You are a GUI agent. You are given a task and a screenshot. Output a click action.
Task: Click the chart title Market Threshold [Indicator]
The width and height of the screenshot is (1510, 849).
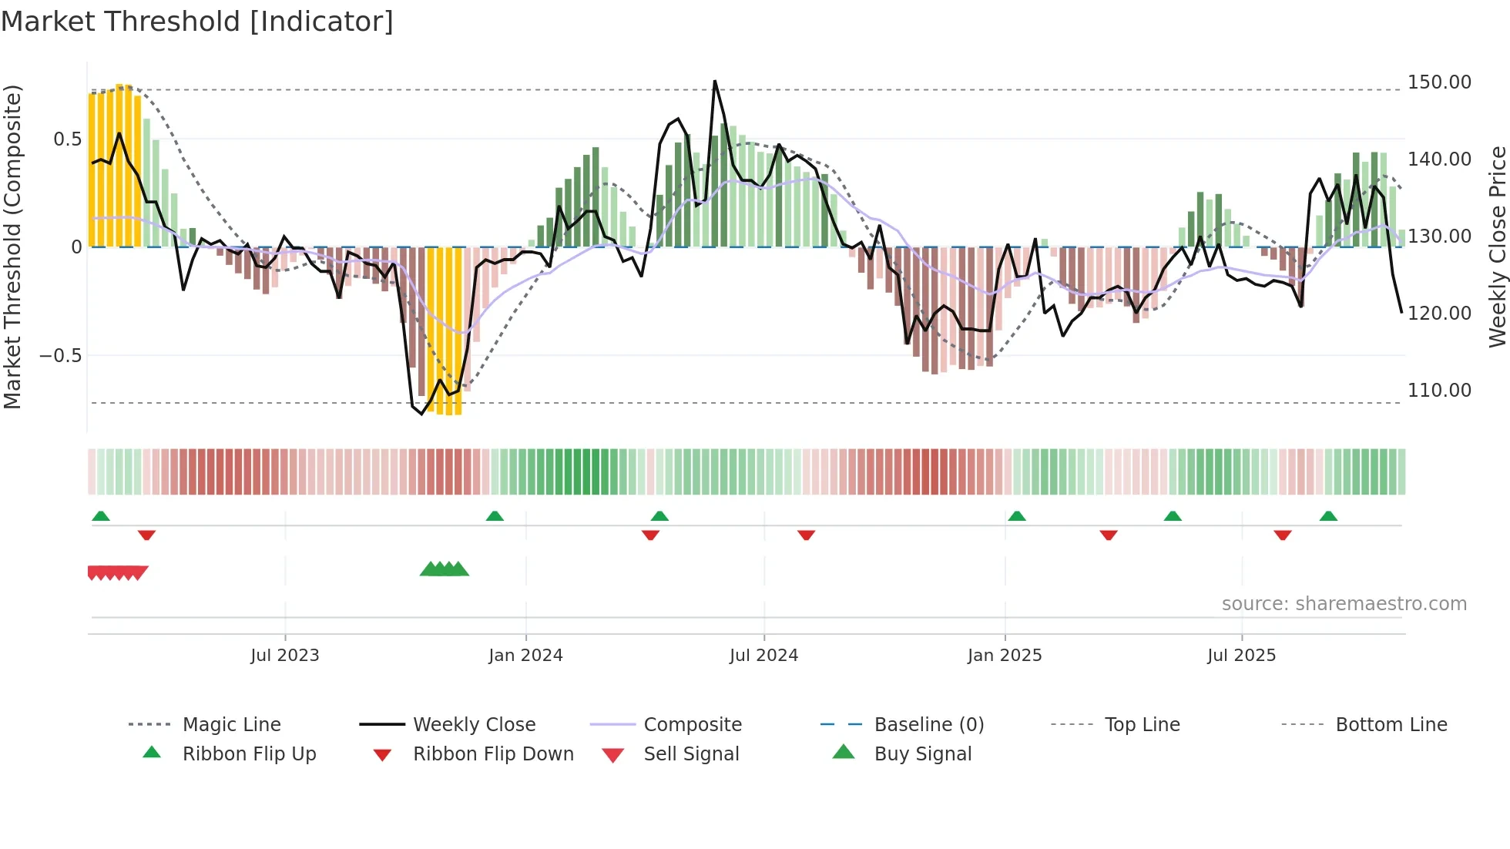tap(197, 22)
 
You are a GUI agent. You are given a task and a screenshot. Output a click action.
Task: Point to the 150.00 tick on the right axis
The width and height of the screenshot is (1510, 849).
tap(1438, 82)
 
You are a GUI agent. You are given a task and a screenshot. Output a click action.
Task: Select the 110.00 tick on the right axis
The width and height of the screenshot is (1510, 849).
tap(1438, 391)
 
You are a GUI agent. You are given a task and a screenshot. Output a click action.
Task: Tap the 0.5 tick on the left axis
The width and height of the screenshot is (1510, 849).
tap(67, 139)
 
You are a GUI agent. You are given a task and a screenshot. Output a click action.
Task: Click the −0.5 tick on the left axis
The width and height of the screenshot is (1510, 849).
tap(60, 356)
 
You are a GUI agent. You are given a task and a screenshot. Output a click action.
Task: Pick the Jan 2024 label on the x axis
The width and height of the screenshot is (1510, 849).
tap(525, 656)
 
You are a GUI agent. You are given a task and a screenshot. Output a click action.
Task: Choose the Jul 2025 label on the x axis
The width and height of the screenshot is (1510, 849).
tap(1241, 656)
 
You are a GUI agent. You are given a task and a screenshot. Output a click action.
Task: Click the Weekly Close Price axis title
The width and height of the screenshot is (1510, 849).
tap(1497, 247)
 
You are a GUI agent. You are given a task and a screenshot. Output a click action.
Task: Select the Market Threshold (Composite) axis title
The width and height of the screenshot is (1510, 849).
tap(12, 247)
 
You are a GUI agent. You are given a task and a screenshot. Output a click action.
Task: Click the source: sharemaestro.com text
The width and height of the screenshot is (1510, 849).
tap(1344, 604)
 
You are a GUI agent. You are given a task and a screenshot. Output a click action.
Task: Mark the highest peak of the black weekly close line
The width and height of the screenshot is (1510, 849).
tap(714, 81)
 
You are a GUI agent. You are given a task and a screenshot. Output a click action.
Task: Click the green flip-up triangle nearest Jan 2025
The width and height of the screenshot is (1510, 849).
tap(1016, 516)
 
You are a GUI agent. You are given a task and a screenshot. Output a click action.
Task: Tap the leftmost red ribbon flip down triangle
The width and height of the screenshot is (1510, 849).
tap(146, 535)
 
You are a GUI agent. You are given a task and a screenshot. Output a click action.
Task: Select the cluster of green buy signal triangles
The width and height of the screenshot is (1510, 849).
tap(445, 569)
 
